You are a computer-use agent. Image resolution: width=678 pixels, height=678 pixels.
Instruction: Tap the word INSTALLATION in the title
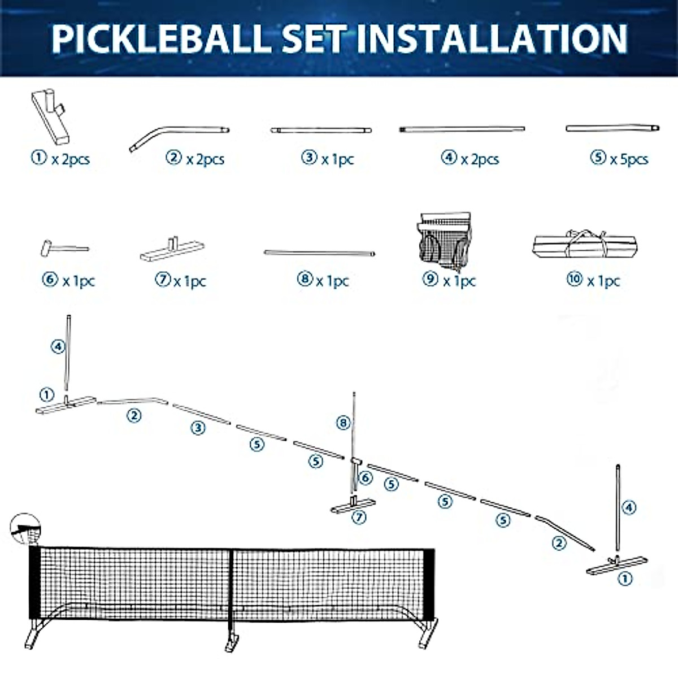[x=492, y=38]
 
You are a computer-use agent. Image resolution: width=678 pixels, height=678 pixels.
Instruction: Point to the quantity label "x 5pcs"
[x=629, y=159]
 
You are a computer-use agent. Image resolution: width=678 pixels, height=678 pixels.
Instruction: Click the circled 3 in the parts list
[x=309, y=157]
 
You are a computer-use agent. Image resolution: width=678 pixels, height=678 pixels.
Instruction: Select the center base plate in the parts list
[x=172, y=250]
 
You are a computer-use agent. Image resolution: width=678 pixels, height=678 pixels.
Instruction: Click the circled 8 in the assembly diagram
[x=344, y=423]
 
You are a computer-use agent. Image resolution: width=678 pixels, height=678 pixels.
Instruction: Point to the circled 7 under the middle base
[x=359, y=517]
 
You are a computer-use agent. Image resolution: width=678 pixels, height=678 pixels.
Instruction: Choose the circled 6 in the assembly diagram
[x=366, y=478]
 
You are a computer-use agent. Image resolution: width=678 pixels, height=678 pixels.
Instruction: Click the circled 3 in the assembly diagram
[x=198, y=428]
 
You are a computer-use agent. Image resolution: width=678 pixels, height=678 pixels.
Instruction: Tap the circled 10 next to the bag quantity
[x=575, y=279]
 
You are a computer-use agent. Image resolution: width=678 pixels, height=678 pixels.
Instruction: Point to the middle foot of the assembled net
[x=232, y=643]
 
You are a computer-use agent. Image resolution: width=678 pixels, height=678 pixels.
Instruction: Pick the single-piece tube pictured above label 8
[x=319, y=253]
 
